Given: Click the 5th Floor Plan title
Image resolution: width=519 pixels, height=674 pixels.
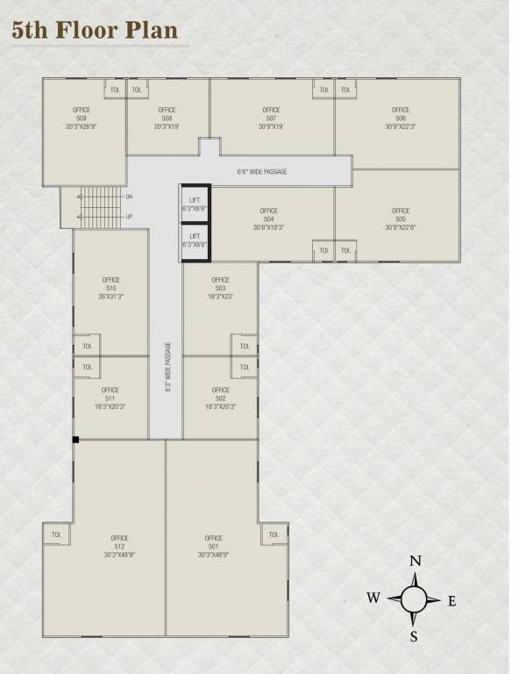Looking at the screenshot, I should click(95, 30).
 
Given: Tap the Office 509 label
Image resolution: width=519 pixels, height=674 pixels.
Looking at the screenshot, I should click(81, 118).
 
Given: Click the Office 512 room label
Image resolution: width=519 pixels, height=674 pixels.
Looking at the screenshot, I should click(119, 546).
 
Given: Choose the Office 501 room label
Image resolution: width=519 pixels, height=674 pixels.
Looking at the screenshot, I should click(214, 546).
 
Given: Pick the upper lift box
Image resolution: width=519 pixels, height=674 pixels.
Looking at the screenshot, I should click(195, 205).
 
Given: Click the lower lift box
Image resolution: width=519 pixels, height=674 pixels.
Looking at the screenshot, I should click(195, 240).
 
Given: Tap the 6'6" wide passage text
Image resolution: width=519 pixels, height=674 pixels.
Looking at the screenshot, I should click(262, 171).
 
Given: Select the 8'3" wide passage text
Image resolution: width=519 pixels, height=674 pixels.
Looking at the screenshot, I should click(167, 367).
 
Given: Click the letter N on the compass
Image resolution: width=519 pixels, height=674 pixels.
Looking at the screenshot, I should click(416, 562).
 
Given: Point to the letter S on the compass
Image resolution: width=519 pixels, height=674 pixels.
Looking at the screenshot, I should click(414, 637).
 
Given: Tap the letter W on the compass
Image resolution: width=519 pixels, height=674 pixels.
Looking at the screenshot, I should click(373, 599).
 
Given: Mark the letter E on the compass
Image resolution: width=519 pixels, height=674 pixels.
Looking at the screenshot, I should click(452, 601).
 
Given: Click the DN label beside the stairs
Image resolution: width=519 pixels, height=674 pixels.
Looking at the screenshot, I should click(129, 197).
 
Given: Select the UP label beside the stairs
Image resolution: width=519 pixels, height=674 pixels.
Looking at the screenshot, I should click(129, 216).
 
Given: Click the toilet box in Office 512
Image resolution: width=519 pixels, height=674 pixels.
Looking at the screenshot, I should click(57, 534).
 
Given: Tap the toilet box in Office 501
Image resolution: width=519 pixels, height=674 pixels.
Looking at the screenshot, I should click(274, 534).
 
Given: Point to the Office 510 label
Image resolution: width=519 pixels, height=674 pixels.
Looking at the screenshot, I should click(110, 288).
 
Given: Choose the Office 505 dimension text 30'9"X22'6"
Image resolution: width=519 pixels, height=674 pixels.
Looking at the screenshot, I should click(401, 227).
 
